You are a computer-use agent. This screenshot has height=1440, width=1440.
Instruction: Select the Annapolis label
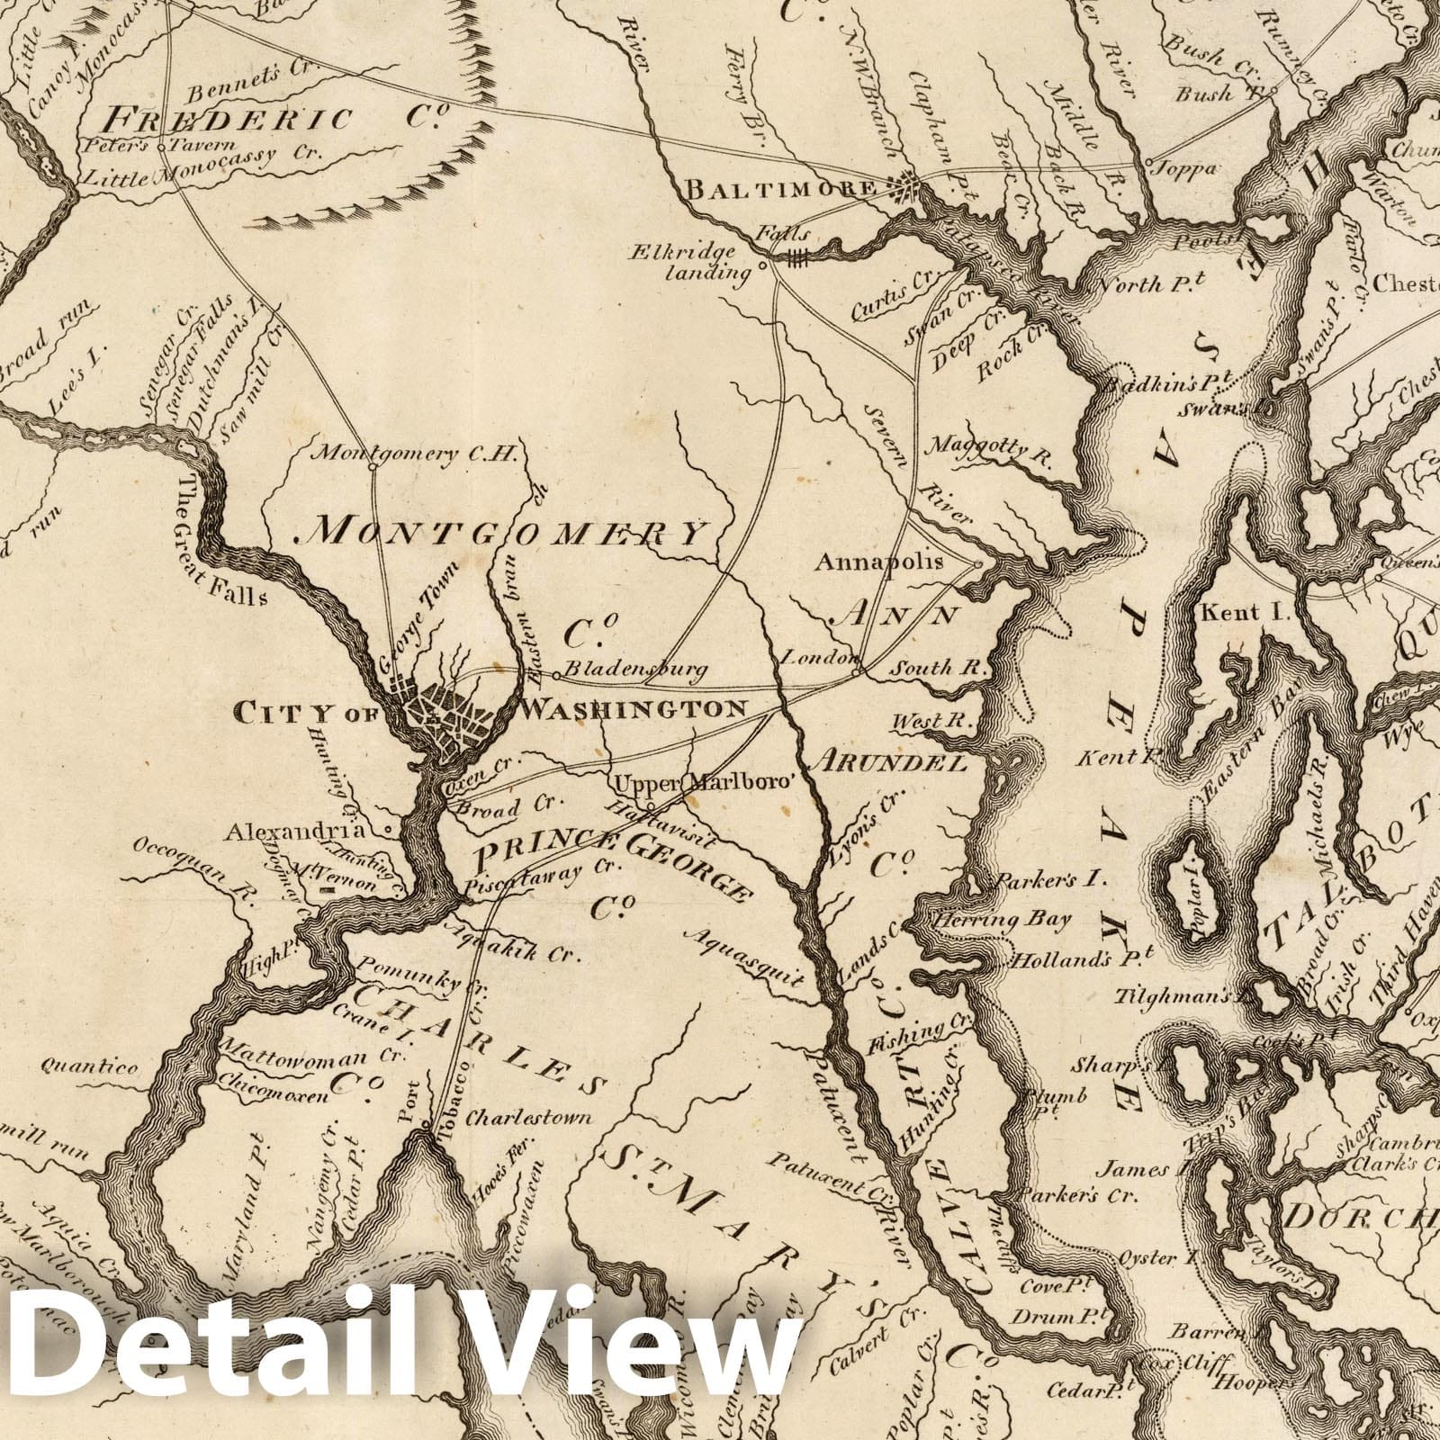click(878, 562)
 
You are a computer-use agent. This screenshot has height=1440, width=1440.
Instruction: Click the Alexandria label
click(296, 831)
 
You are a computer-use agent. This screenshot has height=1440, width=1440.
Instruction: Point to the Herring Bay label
click(1002, 919)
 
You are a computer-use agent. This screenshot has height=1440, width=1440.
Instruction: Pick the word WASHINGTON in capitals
click(634, 707)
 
